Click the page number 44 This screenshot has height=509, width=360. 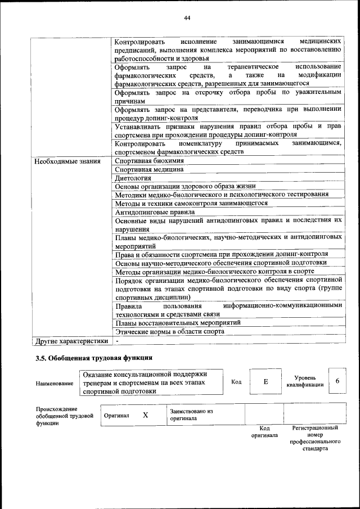pyautogui.click(x=187, y=18)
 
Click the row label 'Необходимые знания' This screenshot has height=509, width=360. pyautogui.click(x=67, y=161)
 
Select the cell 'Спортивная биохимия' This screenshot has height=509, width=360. pyautogui.click(x=149, y=161)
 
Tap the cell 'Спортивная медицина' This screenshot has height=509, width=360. pyautogui.click(x=149, y=169)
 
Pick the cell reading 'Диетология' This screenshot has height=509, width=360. pyautogui.click(x=133, y=178)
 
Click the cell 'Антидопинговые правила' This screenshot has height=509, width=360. pyautogui.click(x=155, y=212)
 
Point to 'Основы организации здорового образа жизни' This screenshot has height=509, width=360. pyautogui.click(x=185, y=186)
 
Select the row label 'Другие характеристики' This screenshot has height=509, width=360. pyautogui.click(x=71, y=340)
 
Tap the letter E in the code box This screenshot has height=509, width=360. pyautogui.click(x=265, y=381)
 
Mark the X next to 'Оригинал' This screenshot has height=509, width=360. pyautogui.click(x=145, y=415)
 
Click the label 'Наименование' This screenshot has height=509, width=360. pyautogui.click(x=55, y=383)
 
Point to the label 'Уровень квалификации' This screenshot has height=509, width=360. pyautogui.click(x=308, y=381)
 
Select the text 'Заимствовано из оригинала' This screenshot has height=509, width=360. pyautogui.click(x=191, y=415)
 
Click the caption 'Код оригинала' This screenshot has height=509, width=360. pyautogui.click(x=264, y=431)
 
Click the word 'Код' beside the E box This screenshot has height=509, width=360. pyautogui.click(x=236, y=381)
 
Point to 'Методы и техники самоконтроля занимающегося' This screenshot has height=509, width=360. pyautogui.click(x=191, y=203)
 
